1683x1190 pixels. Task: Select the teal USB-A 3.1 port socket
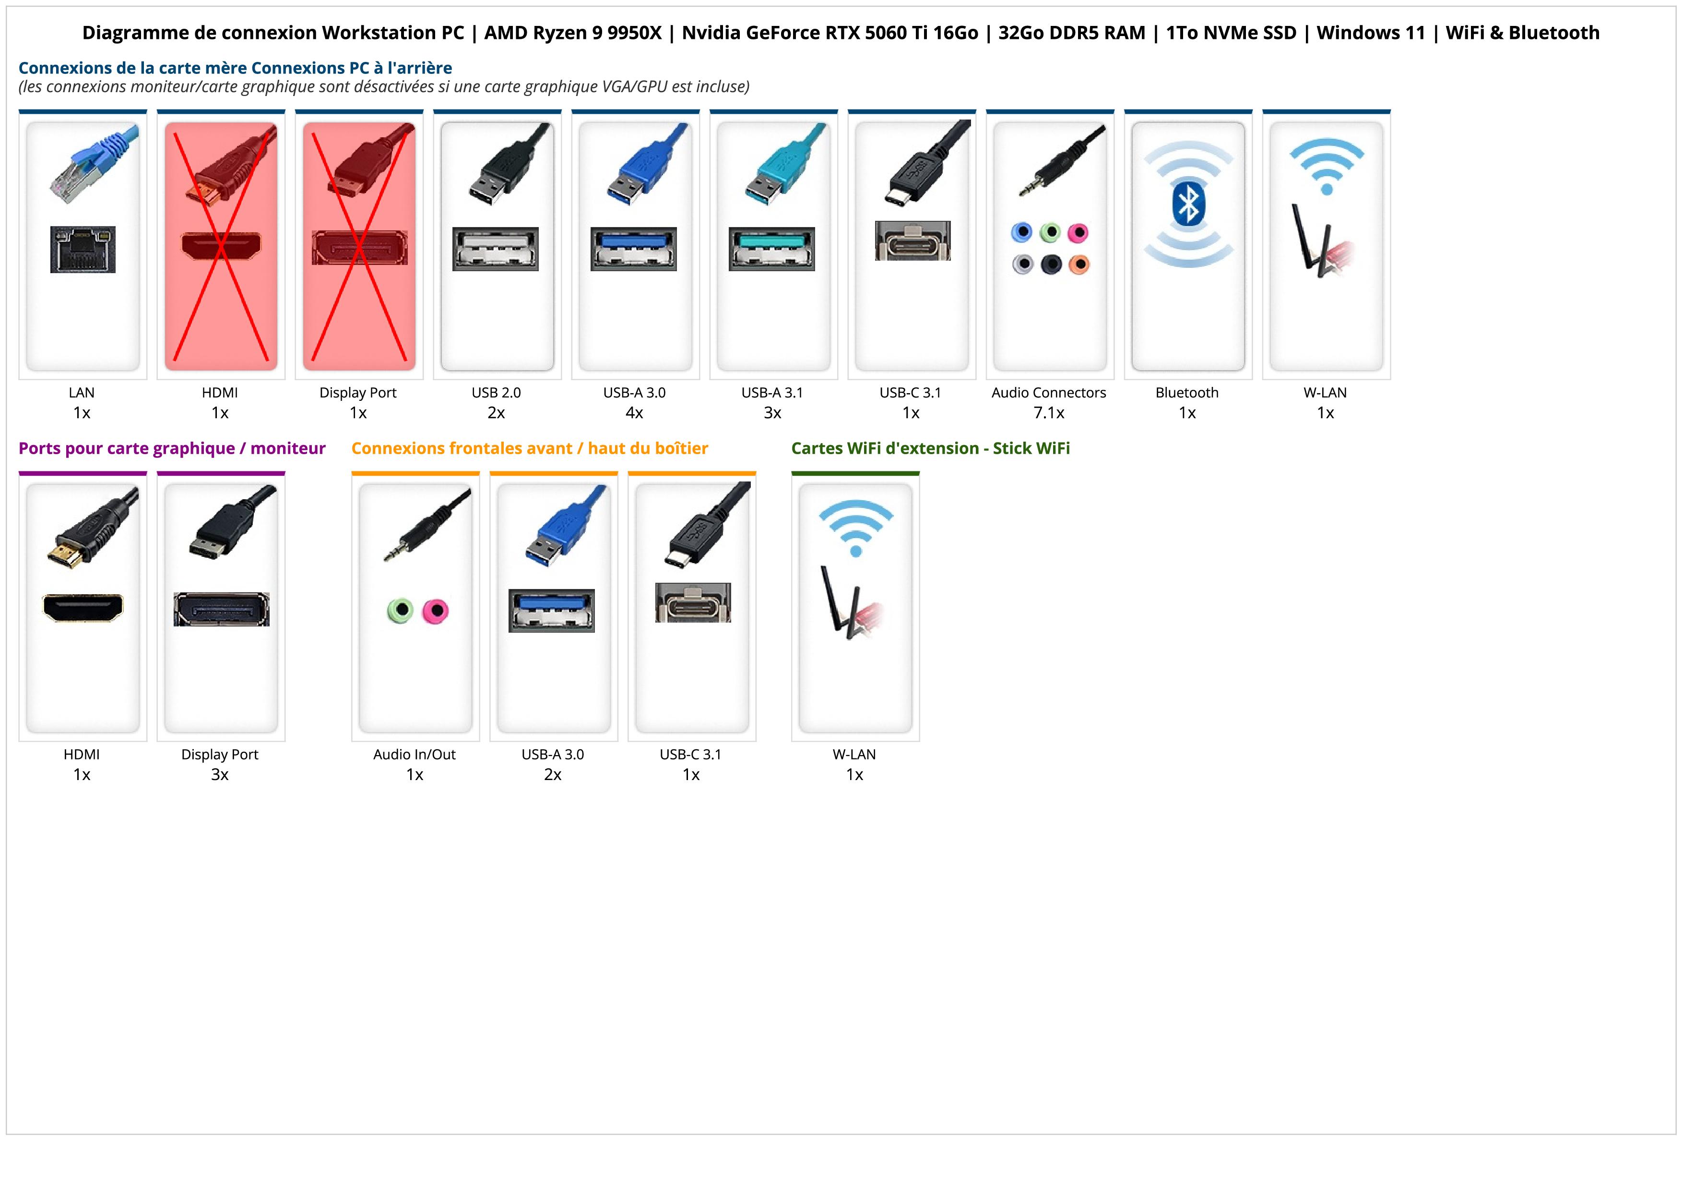tap(772, 249)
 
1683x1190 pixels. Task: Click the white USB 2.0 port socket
tap(496, 249)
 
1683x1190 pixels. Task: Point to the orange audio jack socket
tap(1079, 264)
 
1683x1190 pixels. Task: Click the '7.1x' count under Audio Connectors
tap(1049, 413)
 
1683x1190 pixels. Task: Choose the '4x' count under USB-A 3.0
tap(634, 413)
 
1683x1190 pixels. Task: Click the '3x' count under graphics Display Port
tap(220, 774)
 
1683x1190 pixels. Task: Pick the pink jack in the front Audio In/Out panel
tap(436, 611)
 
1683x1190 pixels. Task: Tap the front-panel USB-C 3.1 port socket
tap(693, 603)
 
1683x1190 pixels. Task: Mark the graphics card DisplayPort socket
tap(221, 609)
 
